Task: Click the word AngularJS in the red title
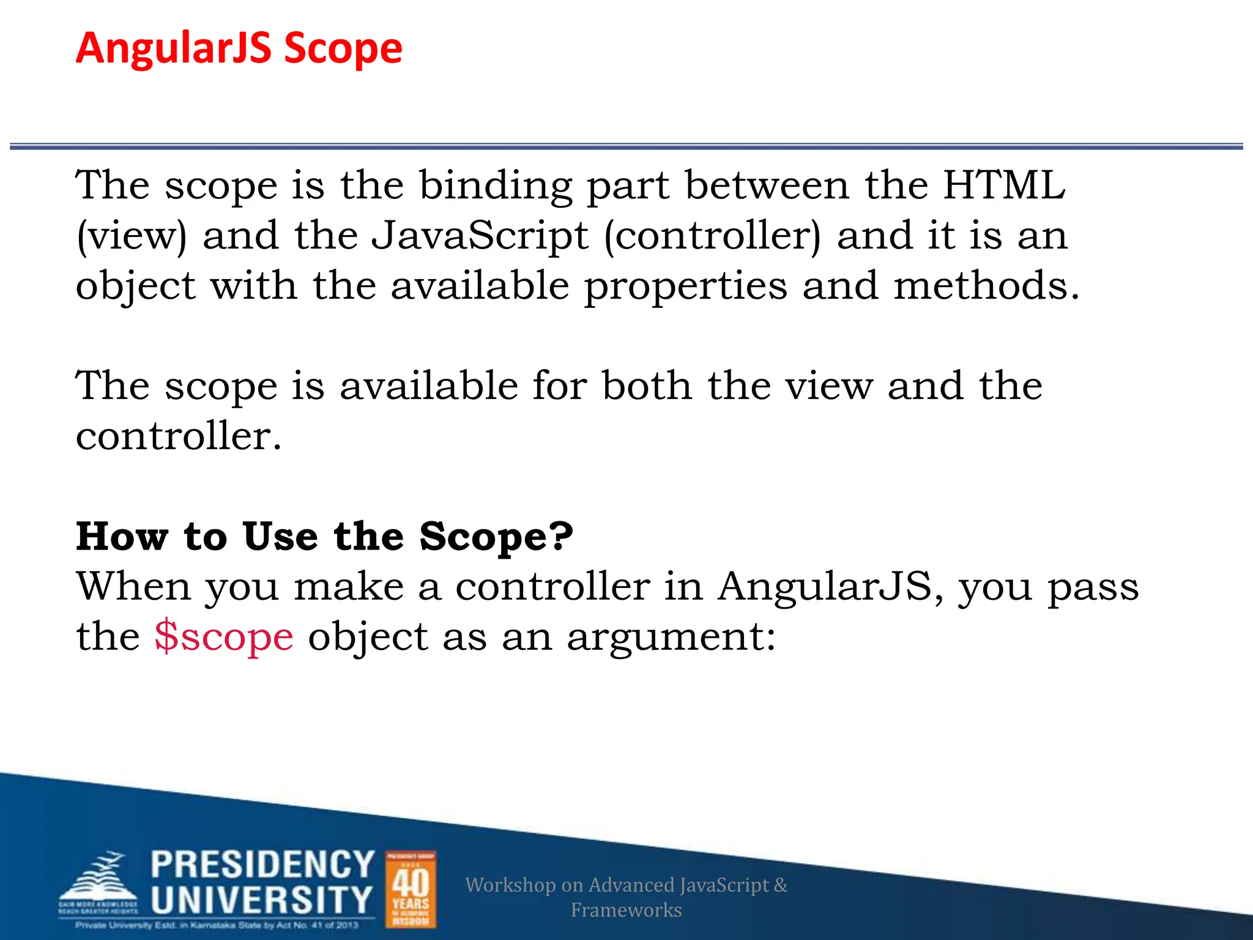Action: coord(173,48)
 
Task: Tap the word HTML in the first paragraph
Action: coord(1004,185)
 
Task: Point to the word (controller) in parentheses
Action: coord(713,236)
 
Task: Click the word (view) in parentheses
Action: coord(132,236)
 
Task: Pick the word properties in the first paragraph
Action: coord(686,286)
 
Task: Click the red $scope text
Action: coord(224,637)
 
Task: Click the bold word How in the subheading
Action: coord(122,536)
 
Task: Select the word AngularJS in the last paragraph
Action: coord(825,586)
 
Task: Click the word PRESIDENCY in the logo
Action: coord(262,864)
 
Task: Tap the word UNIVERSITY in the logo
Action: coord(261,900)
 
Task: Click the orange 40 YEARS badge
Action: coord(411,889)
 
